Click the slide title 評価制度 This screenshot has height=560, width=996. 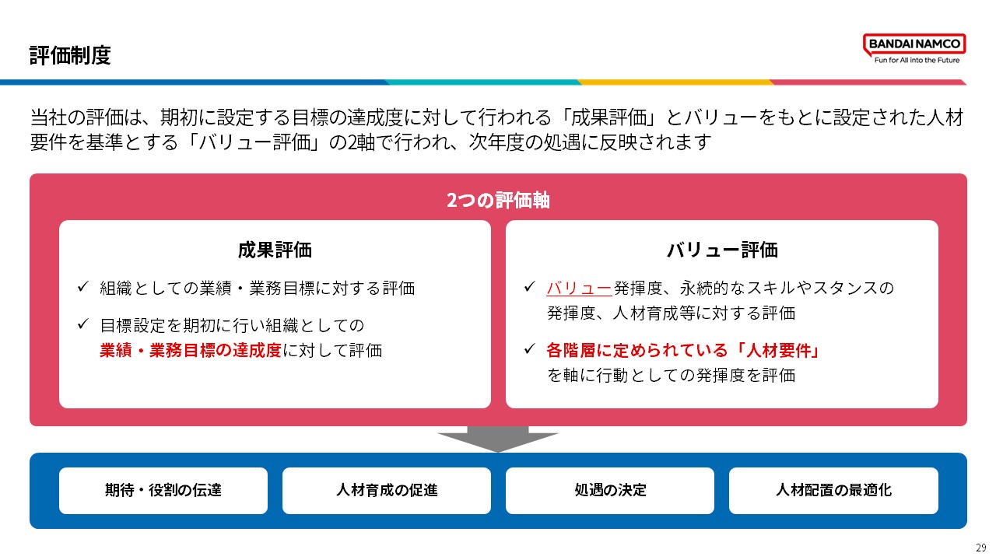[70, 55]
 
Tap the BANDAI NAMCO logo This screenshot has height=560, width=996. [914, 44]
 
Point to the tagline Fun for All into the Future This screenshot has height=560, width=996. [917, 60]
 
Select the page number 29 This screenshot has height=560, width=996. [981, 547]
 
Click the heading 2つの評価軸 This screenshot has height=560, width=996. [498, 200]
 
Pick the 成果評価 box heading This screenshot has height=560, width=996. [275, 250]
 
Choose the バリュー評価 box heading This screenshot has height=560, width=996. [722, 250]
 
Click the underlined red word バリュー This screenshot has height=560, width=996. [580, 288]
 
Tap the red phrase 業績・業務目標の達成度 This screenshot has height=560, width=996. [191, 350]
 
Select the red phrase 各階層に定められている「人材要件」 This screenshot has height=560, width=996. [683, 350]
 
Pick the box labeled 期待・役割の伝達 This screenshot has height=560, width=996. [163, 491]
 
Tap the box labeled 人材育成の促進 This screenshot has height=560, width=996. [387, 491]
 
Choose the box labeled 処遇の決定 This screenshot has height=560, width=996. [610, 491]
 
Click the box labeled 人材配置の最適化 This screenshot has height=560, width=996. [833, 491]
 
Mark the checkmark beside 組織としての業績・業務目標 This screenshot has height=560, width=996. [83, 287]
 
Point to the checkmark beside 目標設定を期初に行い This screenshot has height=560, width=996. [83, 324]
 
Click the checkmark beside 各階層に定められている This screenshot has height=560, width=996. [530, 349]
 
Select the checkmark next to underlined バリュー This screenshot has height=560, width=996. [530, 287]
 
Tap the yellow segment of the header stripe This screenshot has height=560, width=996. [675, 82]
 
